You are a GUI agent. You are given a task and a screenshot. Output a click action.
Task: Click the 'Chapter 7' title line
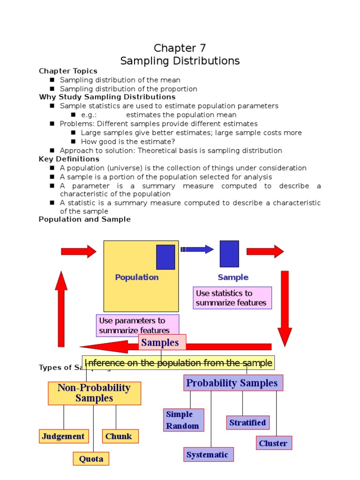click(x=180, y=48)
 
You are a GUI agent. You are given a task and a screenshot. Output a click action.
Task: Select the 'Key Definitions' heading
click(x=69, y=159)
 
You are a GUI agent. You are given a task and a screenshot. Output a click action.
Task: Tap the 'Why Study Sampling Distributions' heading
click(x=107, y=97)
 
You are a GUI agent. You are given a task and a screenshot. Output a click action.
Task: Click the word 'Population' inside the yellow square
click(x=137, y=277)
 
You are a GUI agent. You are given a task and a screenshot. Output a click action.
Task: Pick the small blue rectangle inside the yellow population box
click(x=165, y=257)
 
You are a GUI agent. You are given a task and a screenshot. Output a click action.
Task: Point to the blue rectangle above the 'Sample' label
click(x=229, y=254)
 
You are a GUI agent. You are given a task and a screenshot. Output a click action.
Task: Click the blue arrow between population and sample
click(x=197, y=249)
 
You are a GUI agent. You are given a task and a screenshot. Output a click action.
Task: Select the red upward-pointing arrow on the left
click(x=61, y=309)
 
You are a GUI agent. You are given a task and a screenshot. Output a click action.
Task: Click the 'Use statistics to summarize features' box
click(x=232, y=298)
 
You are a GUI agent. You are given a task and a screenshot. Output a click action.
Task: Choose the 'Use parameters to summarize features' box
click(x=138, y=325)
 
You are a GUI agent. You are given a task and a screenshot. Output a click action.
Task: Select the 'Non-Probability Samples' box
click(x=94, y=393)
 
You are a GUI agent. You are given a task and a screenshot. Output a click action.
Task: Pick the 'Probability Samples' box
click(x=232, y=383)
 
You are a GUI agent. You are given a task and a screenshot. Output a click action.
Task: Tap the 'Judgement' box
click(x=63, y=436)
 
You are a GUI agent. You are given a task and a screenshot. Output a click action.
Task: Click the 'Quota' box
click(x=91, y=458)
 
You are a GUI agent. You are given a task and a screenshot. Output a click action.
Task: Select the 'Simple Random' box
click(x=183, y=420)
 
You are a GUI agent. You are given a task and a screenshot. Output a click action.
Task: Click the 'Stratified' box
click(x=247, y=422)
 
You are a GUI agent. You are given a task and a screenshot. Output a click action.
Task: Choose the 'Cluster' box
click(x=274, y=443)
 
